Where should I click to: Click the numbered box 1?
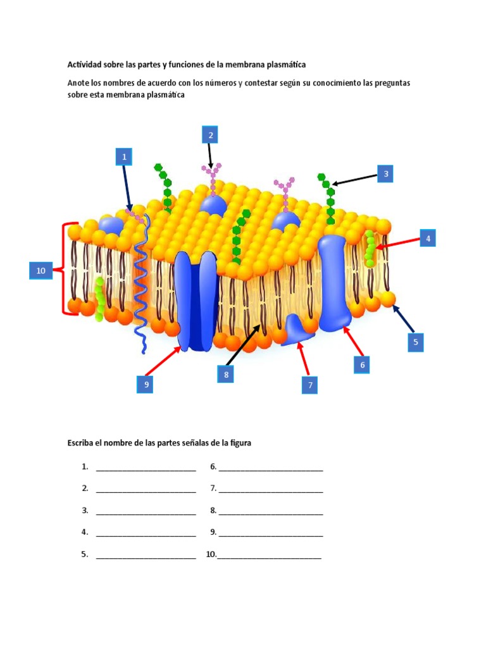124,156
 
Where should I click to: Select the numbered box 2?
210,135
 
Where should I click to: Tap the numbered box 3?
385,173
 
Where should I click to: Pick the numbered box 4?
428,239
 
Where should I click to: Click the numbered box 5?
416,342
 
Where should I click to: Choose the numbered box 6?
362,364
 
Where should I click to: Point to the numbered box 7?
309,385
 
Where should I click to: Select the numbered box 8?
225,375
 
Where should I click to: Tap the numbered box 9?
144,384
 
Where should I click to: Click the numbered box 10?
40,271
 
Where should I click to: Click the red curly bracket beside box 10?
65,268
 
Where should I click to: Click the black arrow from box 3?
354,179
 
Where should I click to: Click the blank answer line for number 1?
146,468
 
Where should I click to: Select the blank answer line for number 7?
271,489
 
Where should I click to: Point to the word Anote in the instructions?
80,84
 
